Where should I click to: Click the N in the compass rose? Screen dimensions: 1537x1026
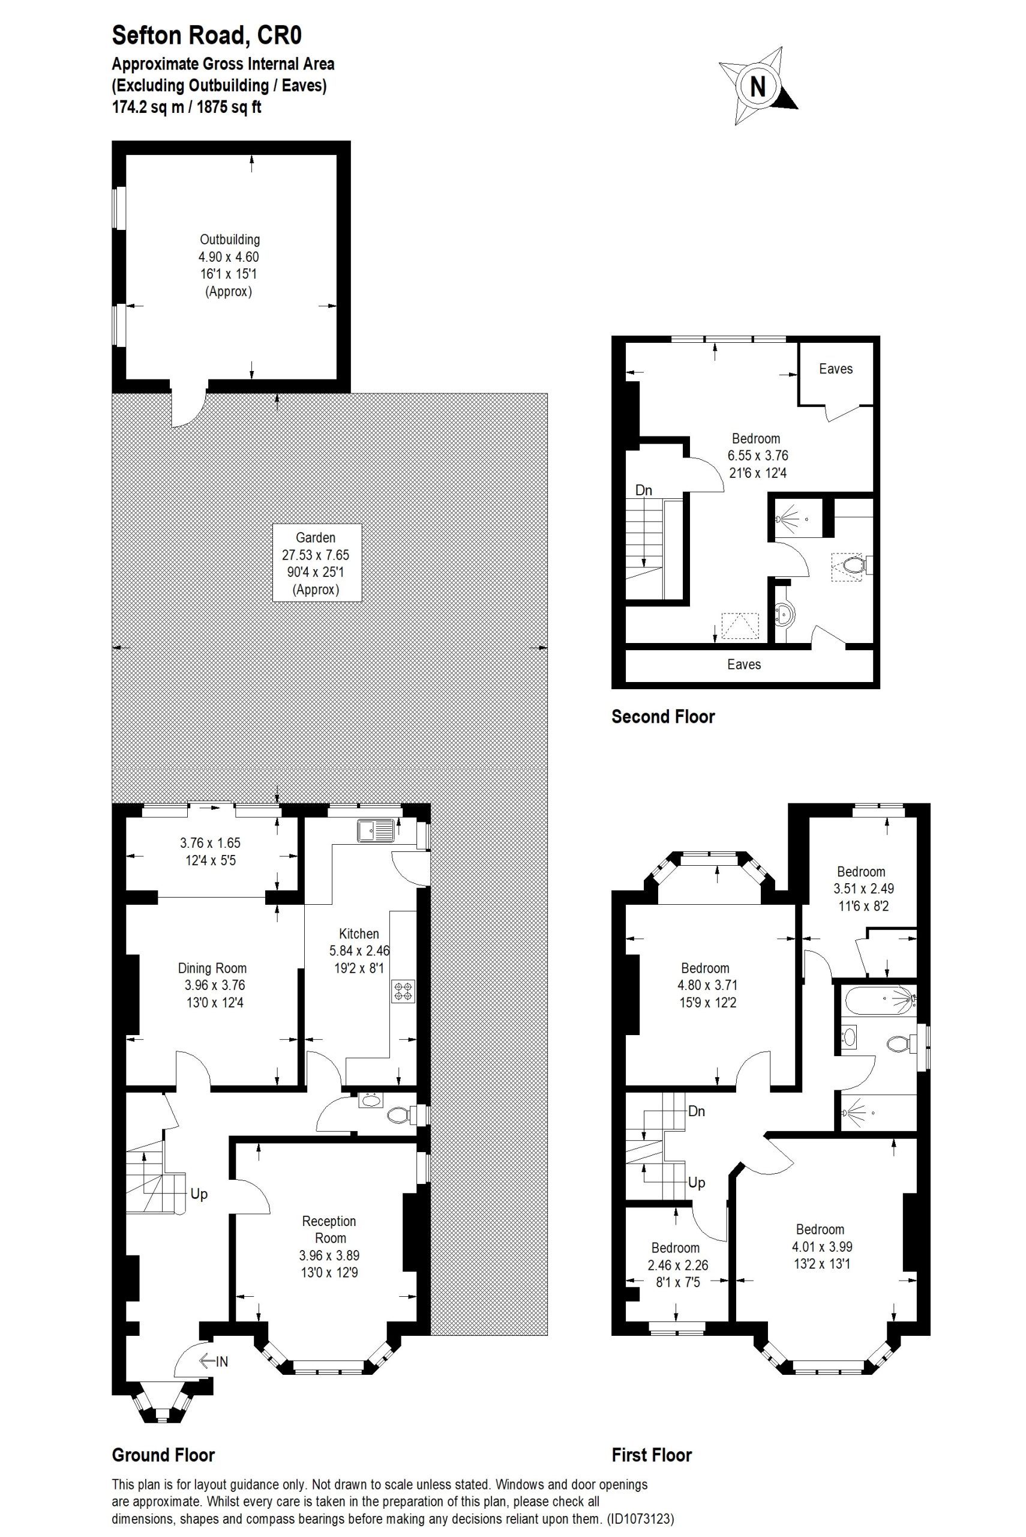[x=758, y=86]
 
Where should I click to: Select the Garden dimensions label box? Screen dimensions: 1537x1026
[x=316, y=563]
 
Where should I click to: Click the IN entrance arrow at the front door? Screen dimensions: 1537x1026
[x=214, y=1362]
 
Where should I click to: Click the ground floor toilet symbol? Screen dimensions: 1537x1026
[x=399, y=1115]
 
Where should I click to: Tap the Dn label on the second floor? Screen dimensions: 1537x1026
[x=644, y=490]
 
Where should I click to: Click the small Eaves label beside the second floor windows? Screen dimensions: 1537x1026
[x=836, y=369]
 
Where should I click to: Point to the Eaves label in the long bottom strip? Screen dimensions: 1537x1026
[x=744, y=665]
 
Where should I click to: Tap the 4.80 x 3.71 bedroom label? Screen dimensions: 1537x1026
[x=706, y=985]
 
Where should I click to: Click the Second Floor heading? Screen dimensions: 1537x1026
[x=663, y=716]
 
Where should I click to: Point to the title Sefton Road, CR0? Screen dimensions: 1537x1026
[x=207, y=35]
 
